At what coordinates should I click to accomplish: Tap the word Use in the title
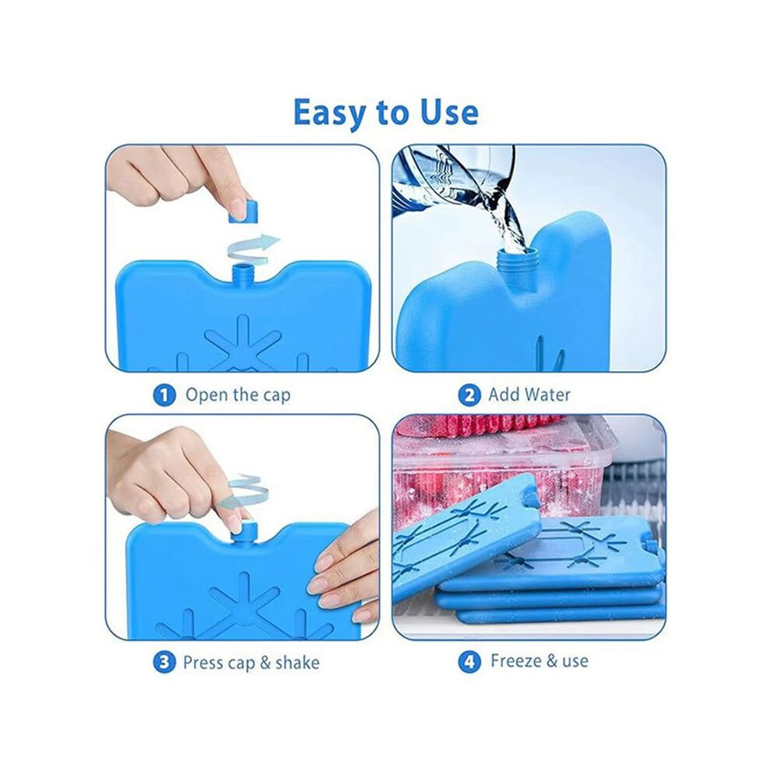click(x=448, y=112)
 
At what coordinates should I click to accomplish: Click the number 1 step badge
click(x=165, y=395)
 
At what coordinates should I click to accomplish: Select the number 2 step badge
click(x=469, y=395)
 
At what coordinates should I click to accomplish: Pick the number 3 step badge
click(x=165, y=662)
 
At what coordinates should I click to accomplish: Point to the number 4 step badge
click(x=469, y=662)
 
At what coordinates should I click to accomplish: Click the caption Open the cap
click(x=238, y=395)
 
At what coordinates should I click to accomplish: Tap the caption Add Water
click(x=529, y=395)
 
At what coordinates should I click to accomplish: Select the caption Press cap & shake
click(x=251, y=663)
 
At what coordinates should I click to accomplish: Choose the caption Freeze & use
click(x=539, y=660)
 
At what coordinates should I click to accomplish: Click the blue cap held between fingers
click(x=243, y=211)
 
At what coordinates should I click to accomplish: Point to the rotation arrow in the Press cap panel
click(x=244, y=492)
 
